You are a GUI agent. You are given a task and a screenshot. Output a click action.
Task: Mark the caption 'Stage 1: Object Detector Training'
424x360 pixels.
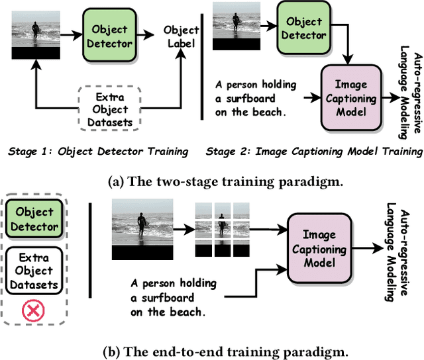98,152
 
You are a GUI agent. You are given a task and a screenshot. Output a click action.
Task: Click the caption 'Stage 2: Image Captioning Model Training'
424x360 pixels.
314,152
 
